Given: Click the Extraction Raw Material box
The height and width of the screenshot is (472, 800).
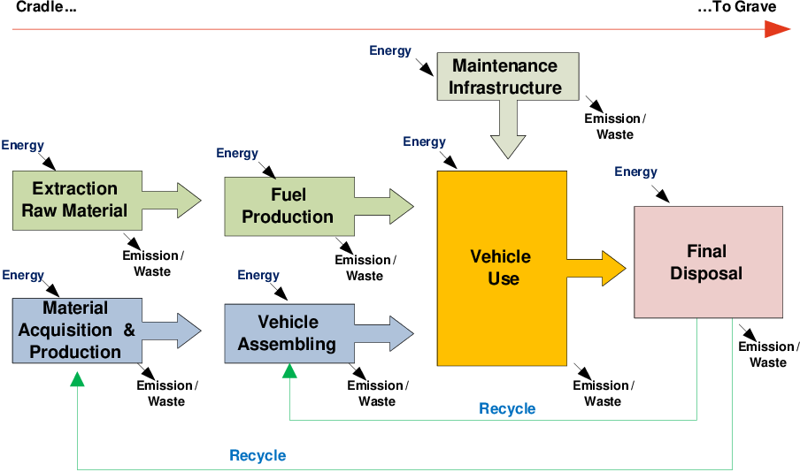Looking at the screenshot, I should click(x=75, y=200).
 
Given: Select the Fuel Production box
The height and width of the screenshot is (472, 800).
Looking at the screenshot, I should click(x=288, y=206).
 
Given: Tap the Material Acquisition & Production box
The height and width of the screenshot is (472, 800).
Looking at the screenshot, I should click(x=75, y=331).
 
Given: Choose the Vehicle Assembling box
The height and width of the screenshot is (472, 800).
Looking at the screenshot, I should click(x=288, y=332).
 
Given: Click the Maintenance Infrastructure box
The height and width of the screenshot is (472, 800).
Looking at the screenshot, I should click(x=507, y=77).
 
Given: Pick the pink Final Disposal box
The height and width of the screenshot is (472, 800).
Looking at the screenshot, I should click(x=708, y=262).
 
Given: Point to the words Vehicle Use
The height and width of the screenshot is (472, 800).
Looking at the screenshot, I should click(x=501, y=267).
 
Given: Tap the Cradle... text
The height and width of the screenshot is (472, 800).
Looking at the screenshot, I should click(x=46, y=8).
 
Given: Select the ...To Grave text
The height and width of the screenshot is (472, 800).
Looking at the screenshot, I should click(x=736, y=8).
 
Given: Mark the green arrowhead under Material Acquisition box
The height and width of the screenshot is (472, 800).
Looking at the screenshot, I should click(x=78, y=379).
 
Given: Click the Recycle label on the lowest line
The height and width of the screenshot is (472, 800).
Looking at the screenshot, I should click(x=258, y=456).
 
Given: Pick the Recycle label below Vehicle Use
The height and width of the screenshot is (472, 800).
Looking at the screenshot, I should click(x=507, y=408).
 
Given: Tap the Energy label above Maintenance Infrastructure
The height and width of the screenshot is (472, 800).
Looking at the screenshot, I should click(x=390, y=50).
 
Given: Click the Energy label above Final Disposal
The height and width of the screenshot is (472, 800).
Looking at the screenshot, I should click(x=635, y=171).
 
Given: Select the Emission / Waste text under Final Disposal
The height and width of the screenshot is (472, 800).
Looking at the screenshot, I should click(x=768, y=354).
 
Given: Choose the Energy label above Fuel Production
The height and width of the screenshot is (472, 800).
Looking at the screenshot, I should click(x=237, y=153).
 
